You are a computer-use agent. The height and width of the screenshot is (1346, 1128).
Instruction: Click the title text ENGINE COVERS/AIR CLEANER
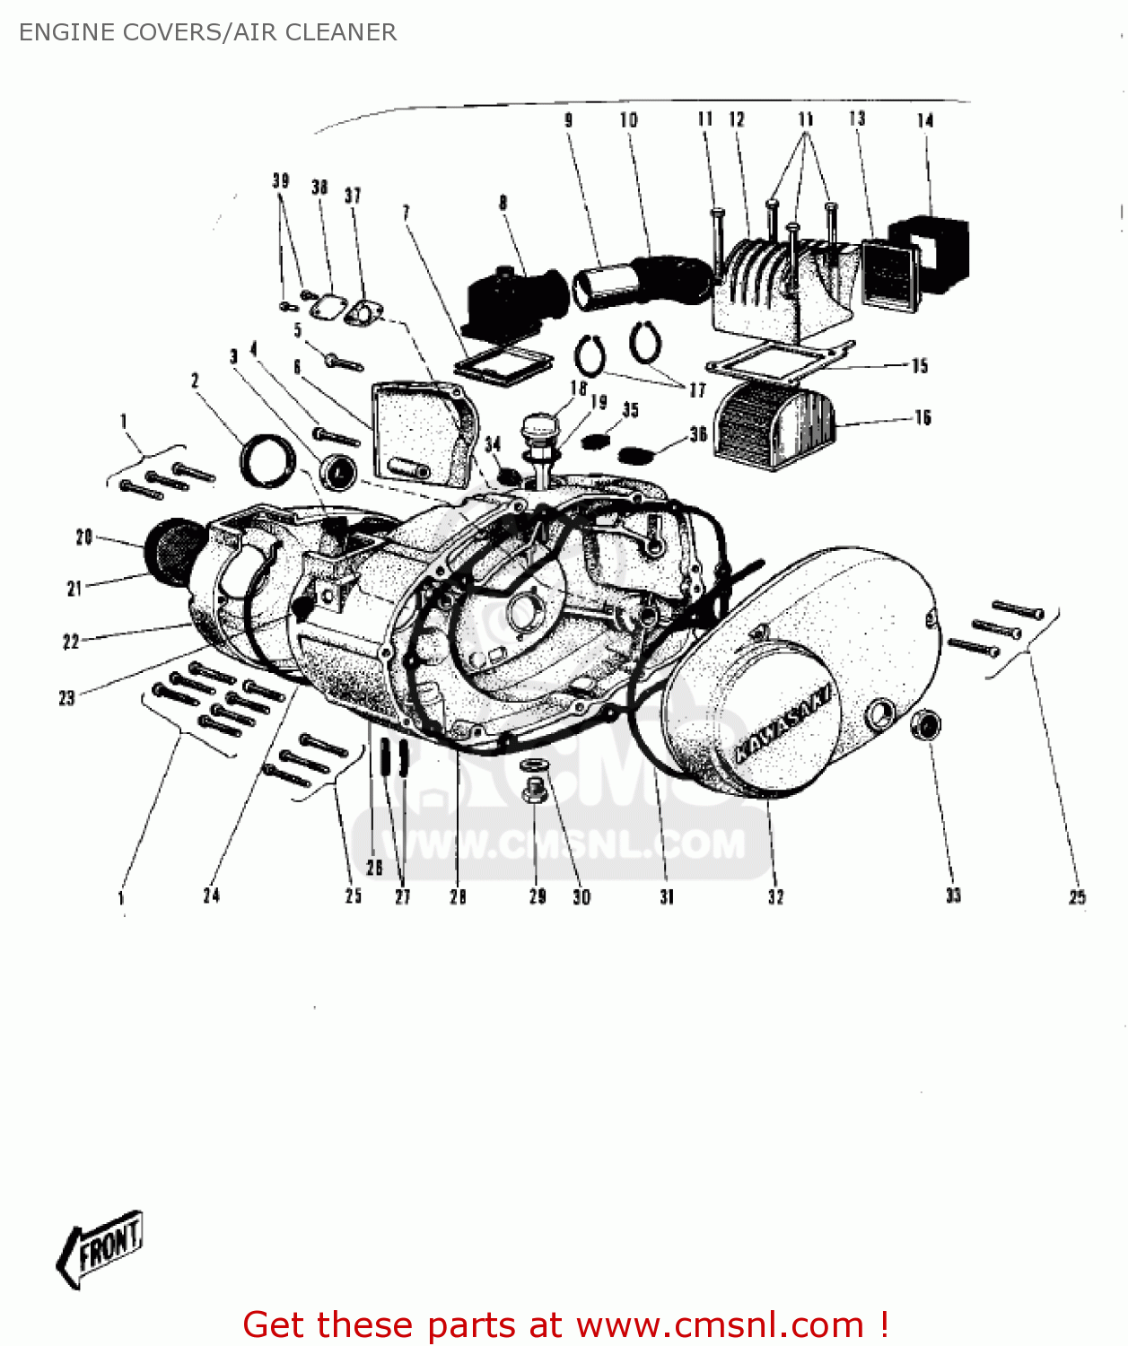207,32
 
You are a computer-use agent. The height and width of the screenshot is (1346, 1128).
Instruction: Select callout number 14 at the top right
925,120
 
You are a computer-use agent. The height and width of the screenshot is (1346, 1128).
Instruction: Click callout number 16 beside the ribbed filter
923,417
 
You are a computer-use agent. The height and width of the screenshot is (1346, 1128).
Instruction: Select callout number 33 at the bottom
953,895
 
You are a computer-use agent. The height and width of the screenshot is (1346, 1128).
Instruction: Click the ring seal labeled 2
266,459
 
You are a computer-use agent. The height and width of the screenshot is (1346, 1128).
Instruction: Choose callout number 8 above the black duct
503,203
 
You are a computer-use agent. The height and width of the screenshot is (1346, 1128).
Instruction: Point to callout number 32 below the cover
775,896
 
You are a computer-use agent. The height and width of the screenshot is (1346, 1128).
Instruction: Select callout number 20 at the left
83,537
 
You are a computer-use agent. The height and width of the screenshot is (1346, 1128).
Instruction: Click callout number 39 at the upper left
281,180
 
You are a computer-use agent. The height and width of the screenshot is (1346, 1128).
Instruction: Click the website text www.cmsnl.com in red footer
719,1325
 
